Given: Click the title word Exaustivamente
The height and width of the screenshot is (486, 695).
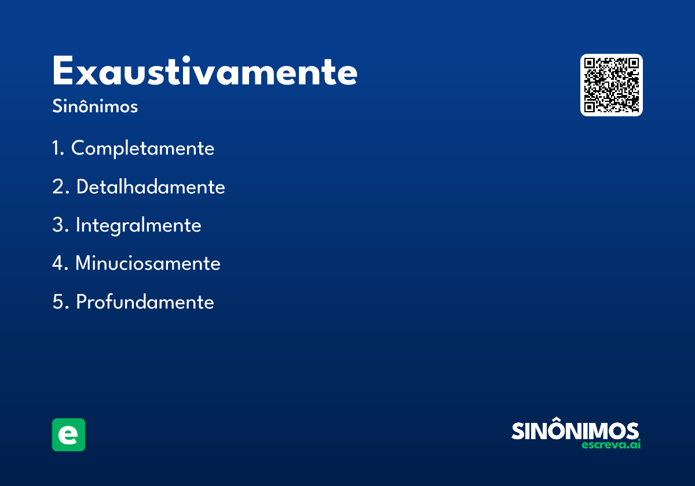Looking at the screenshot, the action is coord(205,71).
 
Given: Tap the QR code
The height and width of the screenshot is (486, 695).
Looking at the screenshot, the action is coord(611,85).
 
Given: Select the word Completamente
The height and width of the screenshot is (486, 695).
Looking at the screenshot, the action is coord(142,149).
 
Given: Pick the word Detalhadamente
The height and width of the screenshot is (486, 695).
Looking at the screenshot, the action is coord(151,186).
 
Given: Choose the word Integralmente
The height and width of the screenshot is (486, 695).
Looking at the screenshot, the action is coord(138,225).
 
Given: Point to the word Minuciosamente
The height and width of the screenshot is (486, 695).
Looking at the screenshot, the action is coord(148,263).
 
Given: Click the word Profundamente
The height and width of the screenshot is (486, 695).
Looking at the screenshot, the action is coord(145,301).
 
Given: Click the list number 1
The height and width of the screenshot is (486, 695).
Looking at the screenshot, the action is coord(58,148).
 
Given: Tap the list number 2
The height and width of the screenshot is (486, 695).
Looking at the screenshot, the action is coord(61,186).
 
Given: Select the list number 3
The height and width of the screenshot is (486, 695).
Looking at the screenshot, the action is coord(60,224).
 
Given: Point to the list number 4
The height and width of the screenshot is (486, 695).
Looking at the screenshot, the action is coord(60,263).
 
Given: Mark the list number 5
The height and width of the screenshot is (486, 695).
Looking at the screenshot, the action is coord(60,301).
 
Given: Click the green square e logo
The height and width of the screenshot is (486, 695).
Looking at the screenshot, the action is coord(68,435).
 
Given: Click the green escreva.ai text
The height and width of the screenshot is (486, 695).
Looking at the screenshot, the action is coord(611,444).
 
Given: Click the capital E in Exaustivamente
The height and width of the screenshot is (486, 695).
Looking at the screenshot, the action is coord(63,71).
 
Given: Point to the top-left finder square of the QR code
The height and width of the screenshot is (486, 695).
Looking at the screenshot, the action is coord(590,63).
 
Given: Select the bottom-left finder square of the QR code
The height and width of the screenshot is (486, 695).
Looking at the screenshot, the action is coord(590,107).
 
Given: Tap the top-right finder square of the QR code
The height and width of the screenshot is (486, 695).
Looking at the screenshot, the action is coord(634,63).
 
